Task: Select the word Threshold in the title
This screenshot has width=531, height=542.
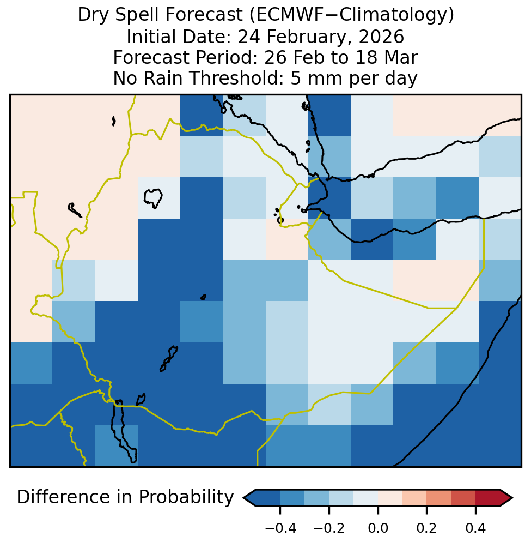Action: point(235,78)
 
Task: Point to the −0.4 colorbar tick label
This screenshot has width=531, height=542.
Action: point(280,528)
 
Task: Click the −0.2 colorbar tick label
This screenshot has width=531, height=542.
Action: point(329,528)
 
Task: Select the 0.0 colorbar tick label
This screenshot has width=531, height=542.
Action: point(378,528)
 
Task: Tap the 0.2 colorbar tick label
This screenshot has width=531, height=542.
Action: point(427,528)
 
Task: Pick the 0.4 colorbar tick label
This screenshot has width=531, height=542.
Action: point(476,528)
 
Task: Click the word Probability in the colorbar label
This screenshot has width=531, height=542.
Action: point(186,498)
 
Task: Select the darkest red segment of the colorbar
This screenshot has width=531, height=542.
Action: point(487,498)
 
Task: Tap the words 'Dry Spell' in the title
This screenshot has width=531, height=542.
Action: point(119,15)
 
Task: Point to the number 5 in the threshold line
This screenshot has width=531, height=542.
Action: point(295,78)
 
